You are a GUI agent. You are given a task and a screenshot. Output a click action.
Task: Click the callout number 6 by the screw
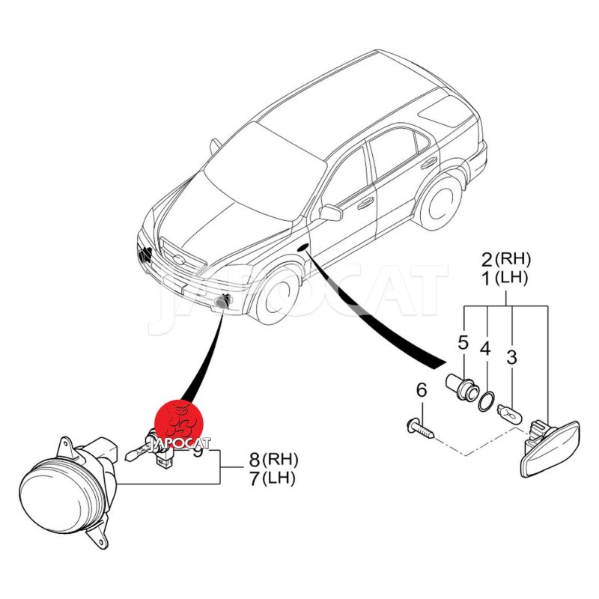click(421, 389)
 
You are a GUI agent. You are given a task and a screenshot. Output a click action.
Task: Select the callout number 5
click(463, 343)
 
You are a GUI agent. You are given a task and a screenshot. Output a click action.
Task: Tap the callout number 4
click(485, 349)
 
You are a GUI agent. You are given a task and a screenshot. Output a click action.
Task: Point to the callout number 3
click(511, 357)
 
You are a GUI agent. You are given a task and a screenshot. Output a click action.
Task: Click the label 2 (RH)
click(505, 261)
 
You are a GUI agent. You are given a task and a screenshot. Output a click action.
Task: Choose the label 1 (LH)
click(505, 279)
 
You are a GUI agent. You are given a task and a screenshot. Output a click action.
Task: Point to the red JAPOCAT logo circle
click(179, 423)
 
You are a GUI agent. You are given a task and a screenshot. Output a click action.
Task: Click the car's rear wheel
click(439, 198)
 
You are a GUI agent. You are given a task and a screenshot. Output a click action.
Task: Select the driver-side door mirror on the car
click(330, 213)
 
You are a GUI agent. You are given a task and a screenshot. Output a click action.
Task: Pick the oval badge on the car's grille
click(176, 260)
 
